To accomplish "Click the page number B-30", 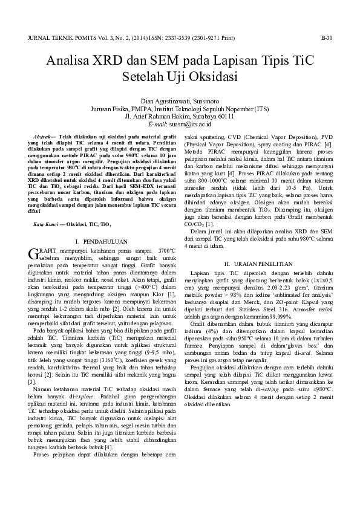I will [x=327, y=38].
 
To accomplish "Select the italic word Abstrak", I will [x=45, y=137].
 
